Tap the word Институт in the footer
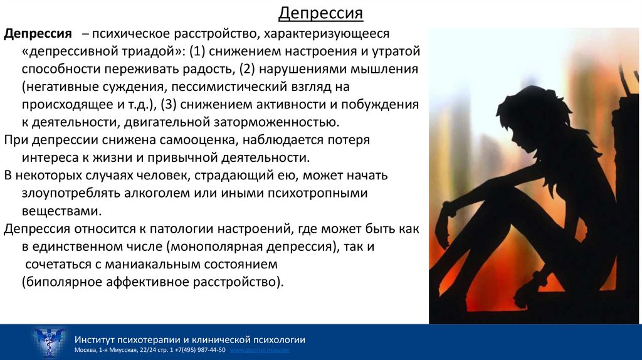pos(95,339)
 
